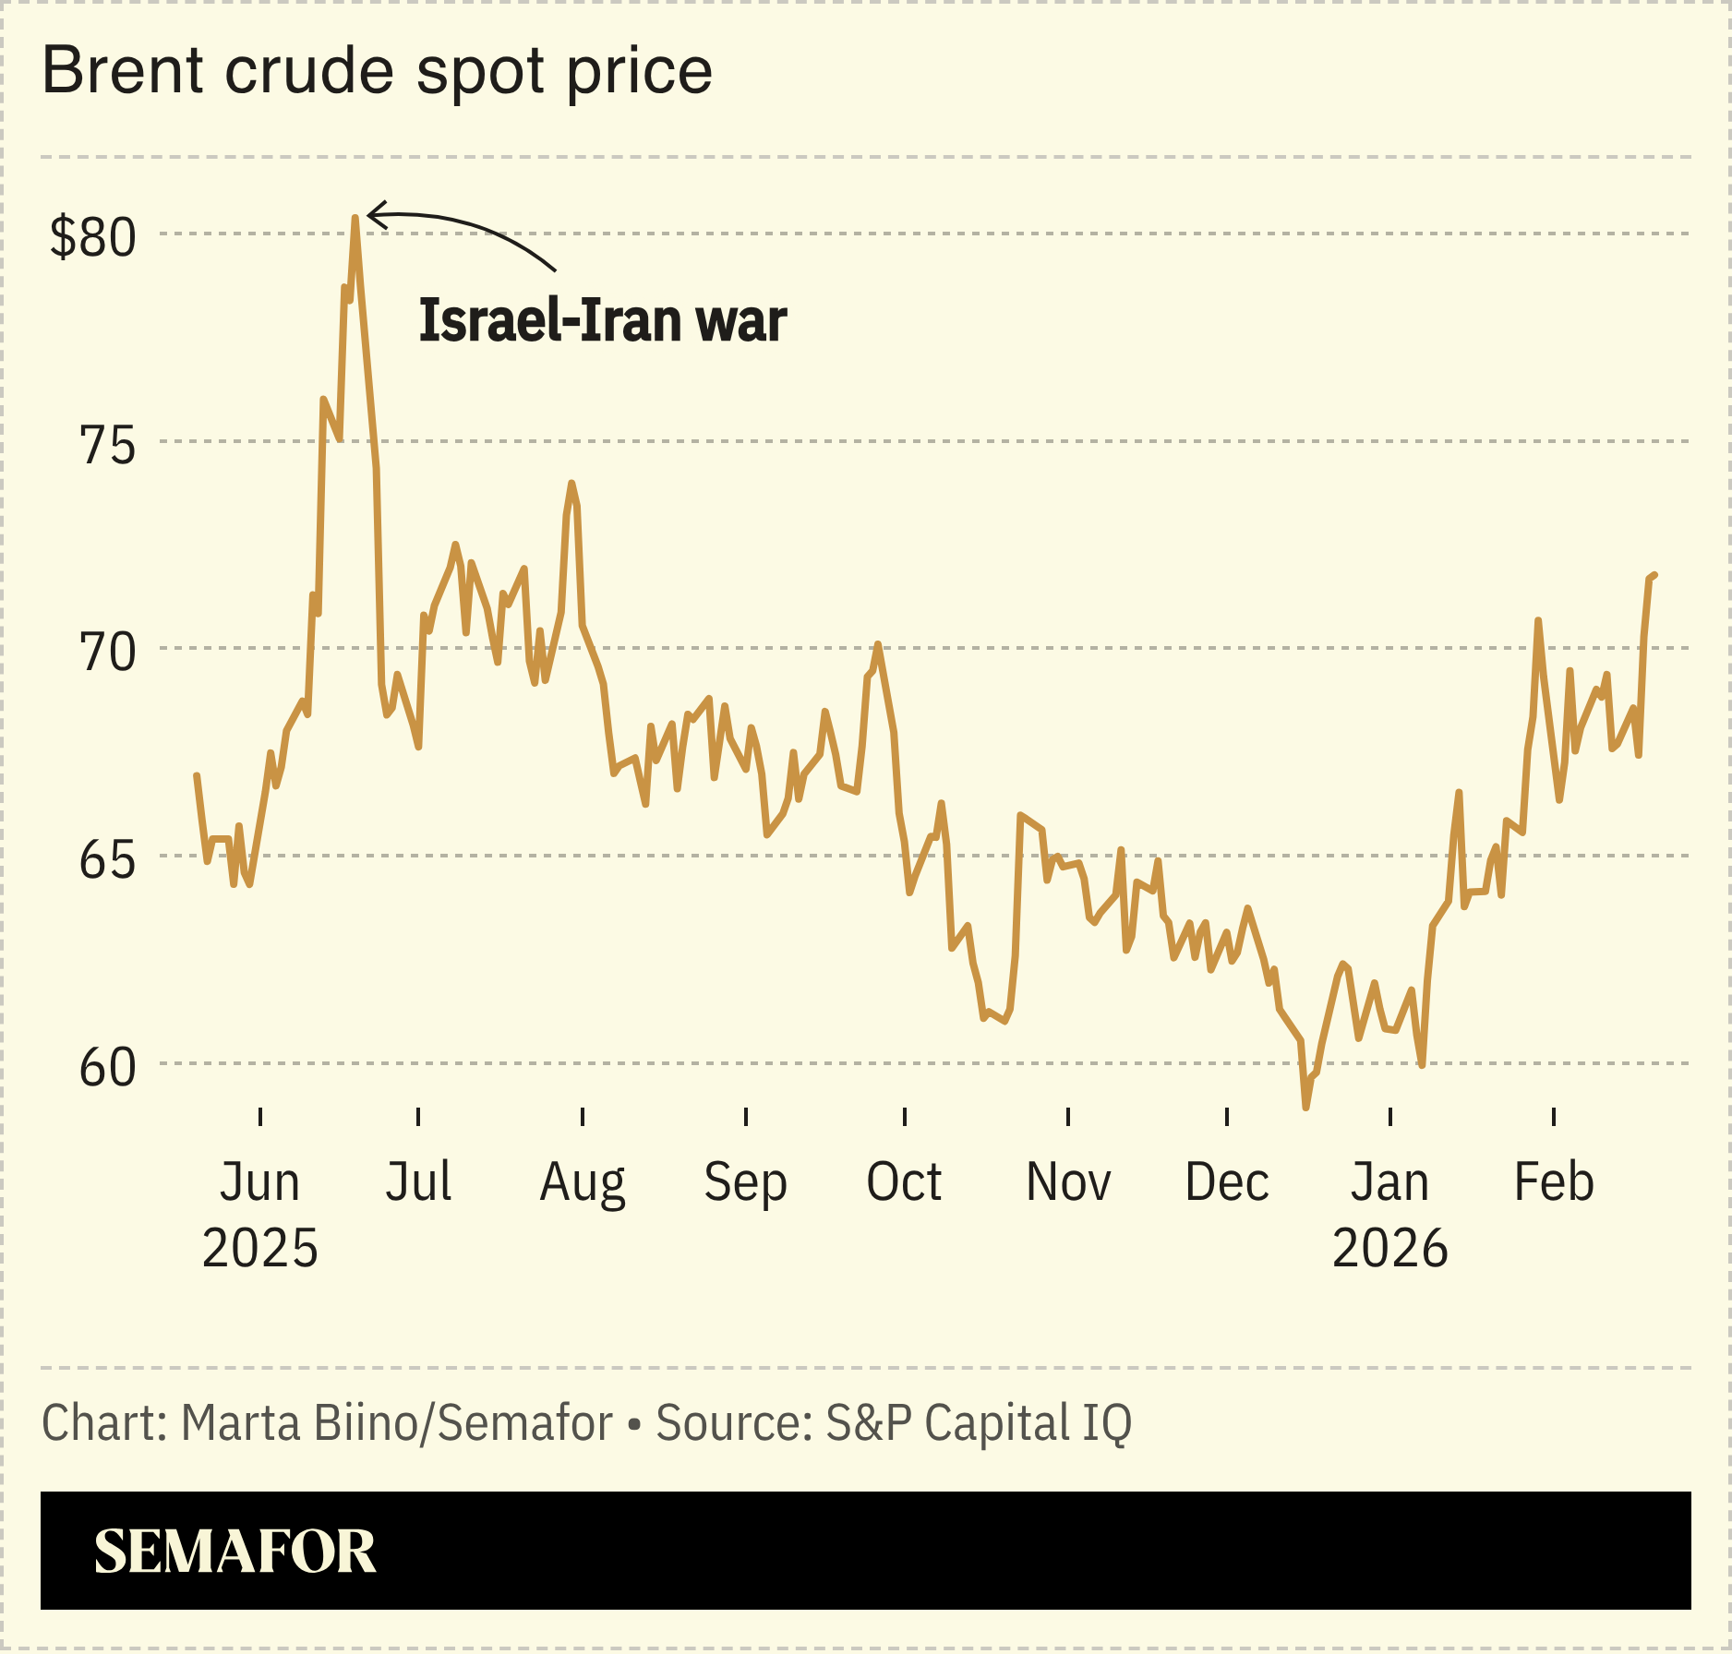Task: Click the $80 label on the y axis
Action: point(92,237)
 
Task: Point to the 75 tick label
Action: point(107,445)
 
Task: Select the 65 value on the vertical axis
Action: point(107,860)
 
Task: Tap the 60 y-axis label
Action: point(107,1068)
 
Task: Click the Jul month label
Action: point(418,1182)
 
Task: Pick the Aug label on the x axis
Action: point(583,1182)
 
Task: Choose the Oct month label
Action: point(904,1182)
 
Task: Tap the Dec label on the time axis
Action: point(1226,1182)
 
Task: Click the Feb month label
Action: point(1554,1182)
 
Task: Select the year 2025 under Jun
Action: point(259,1249)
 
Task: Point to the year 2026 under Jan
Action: point(1389,1249)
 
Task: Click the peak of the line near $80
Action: point(355,218)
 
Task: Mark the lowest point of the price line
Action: point(1305,1107)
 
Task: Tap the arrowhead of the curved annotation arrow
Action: point(370,216)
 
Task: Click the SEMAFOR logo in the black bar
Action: point(235,1552)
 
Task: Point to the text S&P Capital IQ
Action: point(978,1423)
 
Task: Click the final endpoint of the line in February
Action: point(1654,575)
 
